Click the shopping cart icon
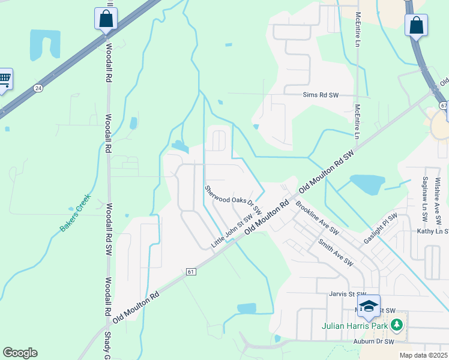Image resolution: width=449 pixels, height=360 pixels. coord(4,79)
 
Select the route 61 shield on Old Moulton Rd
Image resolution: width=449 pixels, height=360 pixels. coord(191,271)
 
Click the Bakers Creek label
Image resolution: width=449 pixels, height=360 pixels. coord(74,212)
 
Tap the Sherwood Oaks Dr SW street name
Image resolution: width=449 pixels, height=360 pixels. coord(233,200)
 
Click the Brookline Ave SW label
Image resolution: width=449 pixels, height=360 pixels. coord(317,218)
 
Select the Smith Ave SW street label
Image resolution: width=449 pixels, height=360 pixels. coord(334,252)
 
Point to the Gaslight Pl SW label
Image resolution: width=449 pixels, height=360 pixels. coord(380,229)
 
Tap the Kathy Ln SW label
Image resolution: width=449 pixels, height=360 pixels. coord(433,231)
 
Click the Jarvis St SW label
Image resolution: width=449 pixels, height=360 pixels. coord(343,294)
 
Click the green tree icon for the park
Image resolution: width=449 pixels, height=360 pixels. coord(396,325)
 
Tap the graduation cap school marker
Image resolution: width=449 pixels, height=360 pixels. coord(369,305)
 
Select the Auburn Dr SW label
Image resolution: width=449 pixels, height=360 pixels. coord(373,341)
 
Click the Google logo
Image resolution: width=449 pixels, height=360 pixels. coord(20,353)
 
